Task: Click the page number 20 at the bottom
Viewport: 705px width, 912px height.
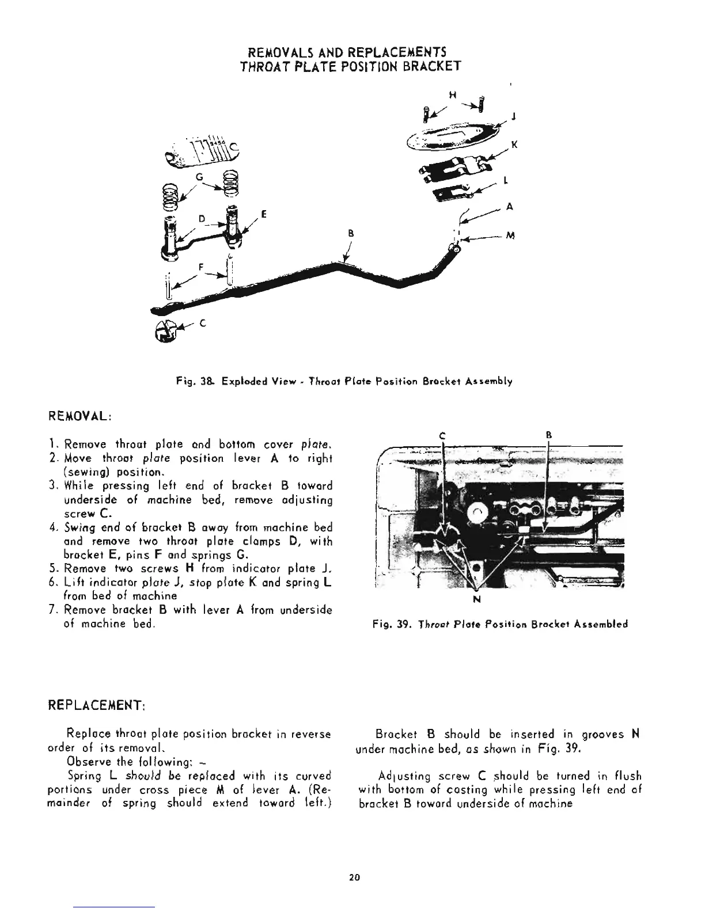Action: (x=354, y=877)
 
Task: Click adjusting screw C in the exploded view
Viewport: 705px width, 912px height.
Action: (x=166, y=331)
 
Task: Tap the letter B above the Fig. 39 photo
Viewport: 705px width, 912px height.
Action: (x=548, y=436)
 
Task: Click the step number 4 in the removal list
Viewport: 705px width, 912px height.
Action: (x=67, y=527)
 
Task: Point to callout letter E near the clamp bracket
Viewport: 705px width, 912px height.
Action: (x=263, y=214)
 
